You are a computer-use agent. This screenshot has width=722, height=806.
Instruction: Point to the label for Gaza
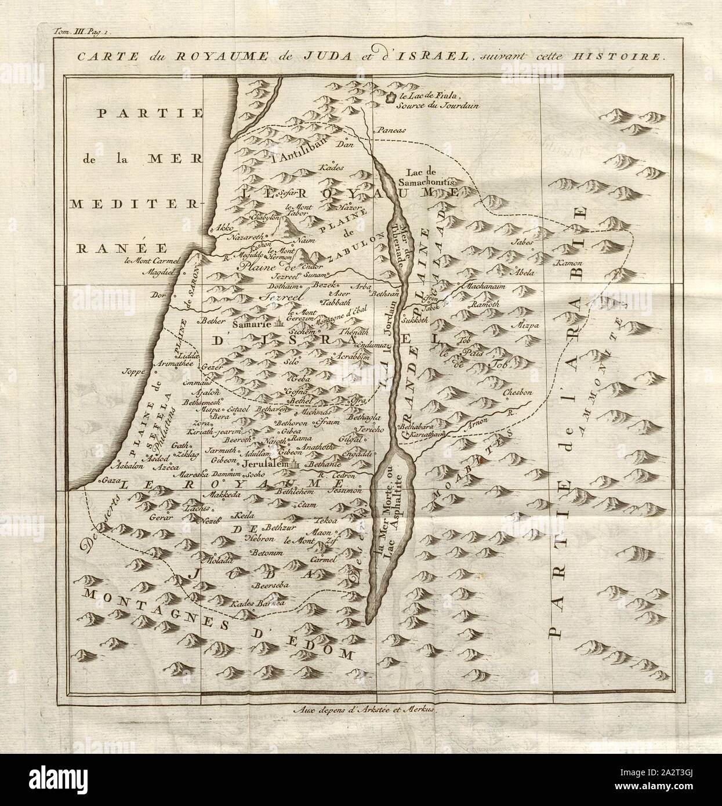108,481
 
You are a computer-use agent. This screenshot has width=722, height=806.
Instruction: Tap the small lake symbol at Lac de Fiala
391,99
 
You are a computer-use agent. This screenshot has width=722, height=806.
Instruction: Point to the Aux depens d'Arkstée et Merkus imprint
360,708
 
